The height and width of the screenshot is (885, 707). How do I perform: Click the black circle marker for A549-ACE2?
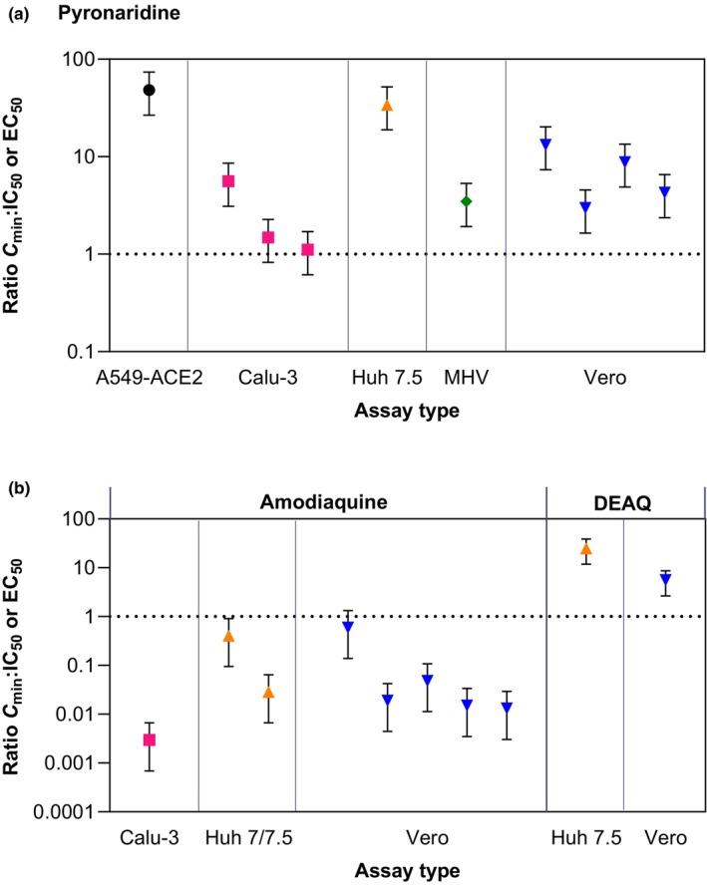coord(150,90)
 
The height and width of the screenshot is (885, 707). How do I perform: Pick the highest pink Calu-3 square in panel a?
coord(228,181)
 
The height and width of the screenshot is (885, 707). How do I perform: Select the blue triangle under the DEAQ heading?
coord(665,579)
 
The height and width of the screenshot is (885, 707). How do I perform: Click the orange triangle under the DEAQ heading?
coord(585,548)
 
